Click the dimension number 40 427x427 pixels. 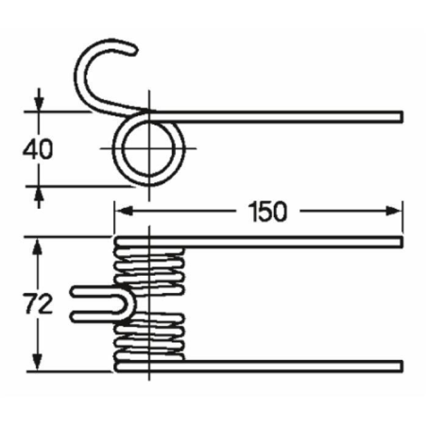tap(38, 149)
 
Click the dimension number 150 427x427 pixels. tap(267, 212)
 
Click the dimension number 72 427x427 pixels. tap(39, 304)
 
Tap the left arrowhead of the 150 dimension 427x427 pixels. tap(123, 211)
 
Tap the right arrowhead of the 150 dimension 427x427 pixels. tap(394, 211)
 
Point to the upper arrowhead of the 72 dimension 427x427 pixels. tap(38, 247)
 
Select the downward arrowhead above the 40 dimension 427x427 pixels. tap(39, 103)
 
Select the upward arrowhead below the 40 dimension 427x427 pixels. tap(39, 195)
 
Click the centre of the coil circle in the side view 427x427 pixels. tap(149, 148)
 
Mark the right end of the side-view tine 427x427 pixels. tap(401, 116)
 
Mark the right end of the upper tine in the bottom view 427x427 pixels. tap(401, 242)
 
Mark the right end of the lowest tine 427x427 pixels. tap(401, 366)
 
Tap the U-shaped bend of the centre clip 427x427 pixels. tap(129, 304)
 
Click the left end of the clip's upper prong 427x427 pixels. tap(73, 292)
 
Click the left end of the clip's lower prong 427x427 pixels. tap(73, 317)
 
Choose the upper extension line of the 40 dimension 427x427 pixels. tap(59, 111)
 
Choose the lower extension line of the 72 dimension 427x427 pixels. tap(69, 372)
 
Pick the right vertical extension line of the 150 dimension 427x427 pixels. tap(402, 217)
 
